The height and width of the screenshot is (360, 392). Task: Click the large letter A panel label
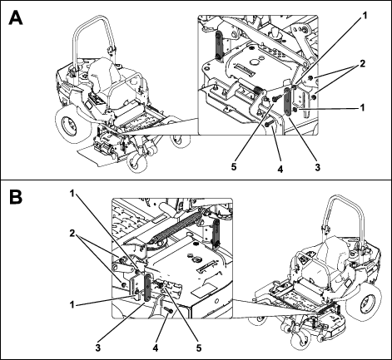click(16, 18)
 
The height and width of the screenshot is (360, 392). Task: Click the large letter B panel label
click(16, 197)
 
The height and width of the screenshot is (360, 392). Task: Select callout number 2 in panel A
click(362, 64)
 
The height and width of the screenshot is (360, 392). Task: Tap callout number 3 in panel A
click(317, 167)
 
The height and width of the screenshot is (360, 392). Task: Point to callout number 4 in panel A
click(280, 169)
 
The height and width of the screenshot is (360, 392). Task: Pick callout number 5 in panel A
click(234, 167)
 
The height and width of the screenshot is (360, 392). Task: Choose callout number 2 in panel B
click(72, 234)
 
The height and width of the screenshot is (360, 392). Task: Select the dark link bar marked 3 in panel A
click(287, 101)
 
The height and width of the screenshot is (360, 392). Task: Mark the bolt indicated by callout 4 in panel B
click(168, 310)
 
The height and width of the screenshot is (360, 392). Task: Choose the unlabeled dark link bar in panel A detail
click(218, 46)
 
